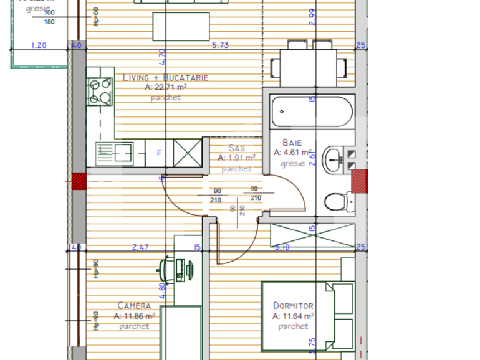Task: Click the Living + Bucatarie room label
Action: tap(165, 78)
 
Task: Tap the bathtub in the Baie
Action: tap(312, 111)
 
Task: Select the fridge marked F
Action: tap(159, 152)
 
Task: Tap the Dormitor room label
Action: tap(293, 306)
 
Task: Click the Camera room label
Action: tap(134, 306)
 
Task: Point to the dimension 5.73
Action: tap(221, 45)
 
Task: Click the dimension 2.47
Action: tap(141, 247)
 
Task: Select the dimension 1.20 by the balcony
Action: tap(39, 45)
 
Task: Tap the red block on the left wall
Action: tap(79, 182)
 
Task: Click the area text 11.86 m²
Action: tap(135, 316)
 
